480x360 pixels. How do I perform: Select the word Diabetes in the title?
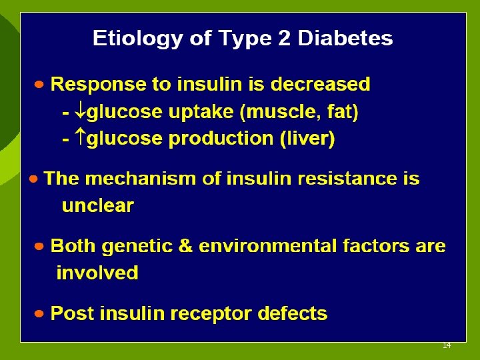[x=345, y=38]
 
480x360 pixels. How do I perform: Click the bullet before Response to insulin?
[x=40, y=85]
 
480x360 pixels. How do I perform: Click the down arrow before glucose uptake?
[x=80, y=113]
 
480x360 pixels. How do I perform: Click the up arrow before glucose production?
[x=80, y=139]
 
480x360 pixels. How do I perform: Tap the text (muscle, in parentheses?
[x=276, y=113]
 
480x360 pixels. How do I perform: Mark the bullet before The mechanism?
[x=34, y=179]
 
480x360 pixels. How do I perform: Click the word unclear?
[x=97, y=206]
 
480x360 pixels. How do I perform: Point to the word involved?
[x=97, y=273]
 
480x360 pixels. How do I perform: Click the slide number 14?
[x=447, y=345]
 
